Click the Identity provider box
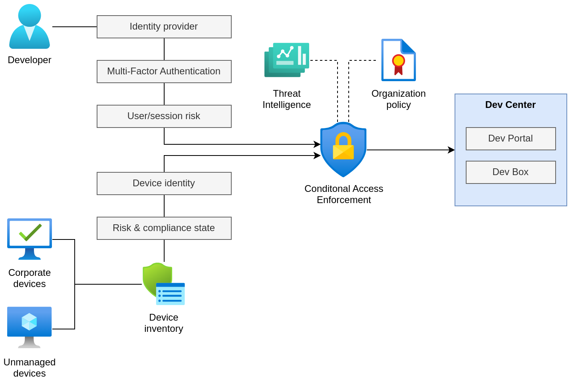click(x=164, y=27)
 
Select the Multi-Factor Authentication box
click(x=164, y=72)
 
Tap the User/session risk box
click(x=164, y=116)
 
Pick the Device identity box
click(x=164, y=184)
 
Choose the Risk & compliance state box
click(x=164, y=228)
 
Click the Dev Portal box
click(x=510, y=139)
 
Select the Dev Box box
click(x=510, y=172)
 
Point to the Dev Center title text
click(x=510, y=105)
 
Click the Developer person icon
click(x=30, y=27)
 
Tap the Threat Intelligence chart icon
click(x=287, y=60)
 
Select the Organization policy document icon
click(x=398, y=60)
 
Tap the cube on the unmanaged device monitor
click(x=29, y=321)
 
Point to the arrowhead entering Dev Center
click(x=451, y=150)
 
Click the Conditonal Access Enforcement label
click(x=344, y=194)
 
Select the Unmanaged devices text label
click(x=30, y=367)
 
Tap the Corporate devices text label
click(x=30, y=278)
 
